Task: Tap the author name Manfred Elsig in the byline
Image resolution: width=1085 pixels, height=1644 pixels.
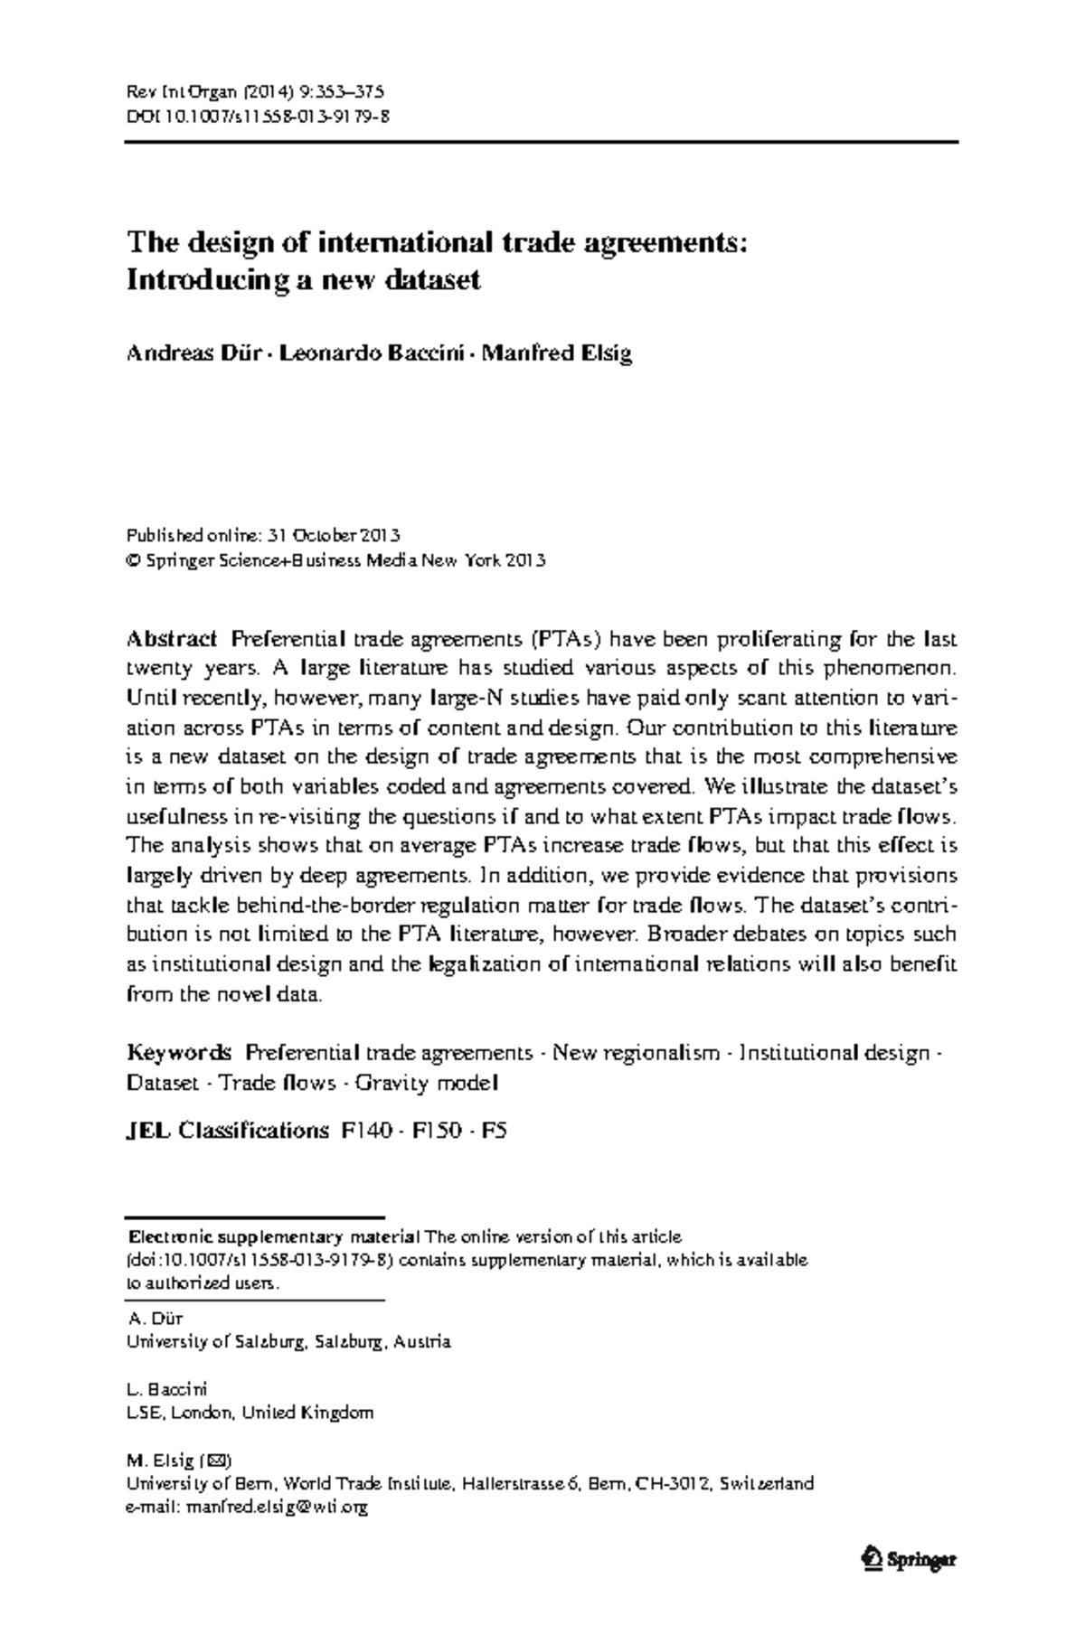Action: tap(556, 352)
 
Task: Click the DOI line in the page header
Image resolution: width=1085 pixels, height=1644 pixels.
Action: tap(258, 116)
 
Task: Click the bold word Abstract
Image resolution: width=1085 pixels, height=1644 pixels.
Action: tap(172, 640)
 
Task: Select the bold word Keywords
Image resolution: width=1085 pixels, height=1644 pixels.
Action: tap(179, 1053)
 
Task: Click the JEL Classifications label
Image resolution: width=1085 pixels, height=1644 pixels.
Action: tap(227, 1130)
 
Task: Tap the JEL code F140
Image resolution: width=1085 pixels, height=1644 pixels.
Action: tap(368, 1130)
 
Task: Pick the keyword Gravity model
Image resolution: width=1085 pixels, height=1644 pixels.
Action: tap(426, 1083)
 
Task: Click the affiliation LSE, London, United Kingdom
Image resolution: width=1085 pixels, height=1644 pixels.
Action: tap(250, 1413)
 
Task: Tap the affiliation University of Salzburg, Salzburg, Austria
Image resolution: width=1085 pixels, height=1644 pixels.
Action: tap(288, 1342)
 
